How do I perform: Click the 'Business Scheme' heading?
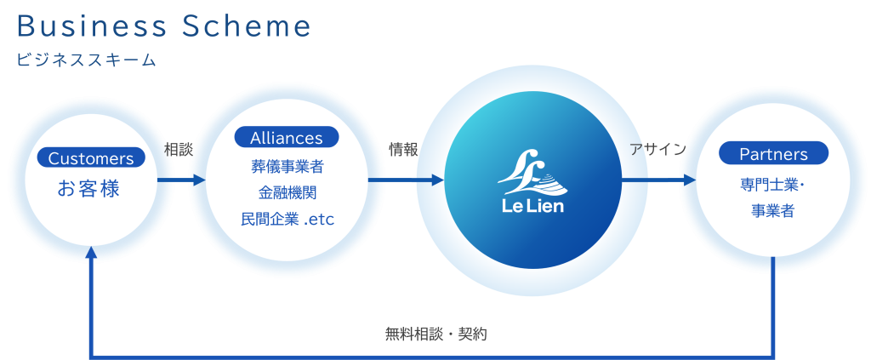pyautogui.click(x=163, y=27)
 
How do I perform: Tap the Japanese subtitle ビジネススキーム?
pyautogui.click(x=85, y=60)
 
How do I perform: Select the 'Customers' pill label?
pyautogui.click(x=91, y=158)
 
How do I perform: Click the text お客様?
pyautogui.click(x=88, y=188)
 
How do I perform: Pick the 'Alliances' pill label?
pyautogui.click(x=287, y=138)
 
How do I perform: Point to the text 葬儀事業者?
pyautogui.click(x=287, y=166)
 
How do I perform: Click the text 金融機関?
pyautogui.click(x=287, y=192)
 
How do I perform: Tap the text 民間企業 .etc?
pyautogui.click(x=287, y=220)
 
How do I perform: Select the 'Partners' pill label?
pyautogui.click(x=773, y=154)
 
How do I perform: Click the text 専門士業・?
pyautogui.click(x=773, y=183)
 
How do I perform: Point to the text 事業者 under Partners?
pyautogui.click(x=773, y=210)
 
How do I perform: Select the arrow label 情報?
pyautogui.click(x=403, y=150)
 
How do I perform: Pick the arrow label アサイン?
pyautogui.click(x=658, y=150)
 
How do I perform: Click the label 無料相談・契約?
pyautogui.click(x=435, y=334)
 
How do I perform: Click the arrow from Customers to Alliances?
pyautogui.click(x=182, y=180)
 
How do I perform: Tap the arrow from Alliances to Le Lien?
pyautogui.click(x=406, y=180)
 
